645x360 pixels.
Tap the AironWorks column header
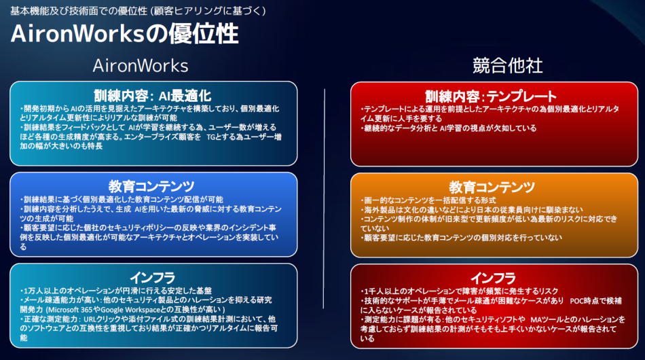[x=140, y=65]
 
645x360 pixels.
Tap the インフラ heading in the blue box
[x=152, y=276]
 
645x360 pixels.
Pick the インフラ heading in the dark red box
[x=492, y=276]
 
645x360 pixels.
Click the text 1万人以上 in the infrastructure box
[x=38, y=290]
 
